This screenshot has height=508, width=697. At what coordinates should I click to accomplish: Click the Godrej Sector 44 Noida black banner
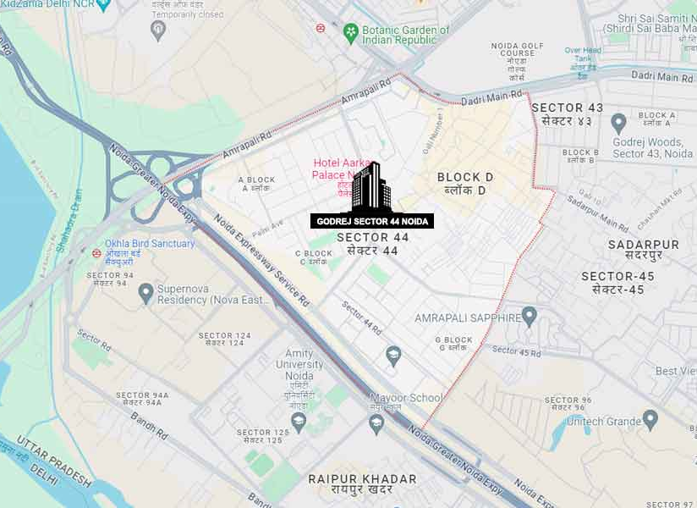(x=373, y=221)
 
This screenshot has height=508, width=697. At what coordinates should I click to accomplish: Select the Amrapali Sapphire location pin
(x=530, y=317)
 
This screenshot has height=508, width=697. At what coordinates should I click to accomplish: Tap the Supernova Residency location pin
(x=146, y=293)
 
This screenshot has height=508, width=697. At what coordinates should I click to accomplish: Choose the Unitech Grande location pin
(x=650, y=418)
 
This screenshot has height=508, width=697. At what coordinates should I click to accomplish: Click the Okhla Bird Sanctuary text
(x=150, y=244)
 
